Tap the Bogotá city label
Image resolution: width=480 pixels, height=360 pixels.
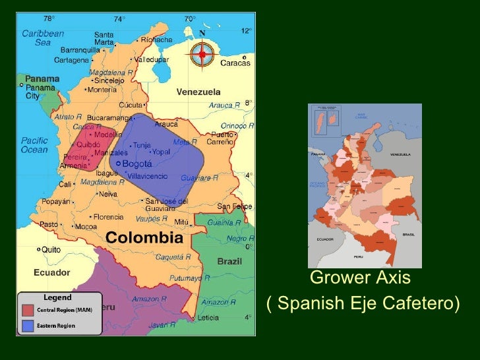[x=137, y=164]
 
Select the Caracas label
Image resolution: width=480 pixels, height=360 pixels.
[x=235, y=63]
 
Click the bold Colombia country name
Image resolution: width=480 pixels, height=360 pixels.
[x=144, y=237]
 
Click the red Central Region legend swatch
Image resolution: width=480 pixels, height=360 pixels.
[x=28, y=310]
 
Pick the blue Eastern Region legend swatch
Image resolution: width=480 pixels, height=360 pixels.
[x=28, y=325]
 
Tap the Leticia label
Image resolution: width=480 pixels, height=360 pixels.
[x=208, y=317]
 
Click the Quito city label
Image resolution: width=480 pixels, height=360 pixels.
[x=50, y=250]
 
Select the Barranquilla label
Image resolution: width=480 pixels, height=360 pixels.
[x=80, y=49]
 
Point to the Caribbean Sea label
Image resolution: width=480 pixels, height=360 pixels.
[x=42, y=38]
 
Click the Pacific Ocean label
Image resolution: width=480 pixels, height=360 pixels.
[x=34, y=145]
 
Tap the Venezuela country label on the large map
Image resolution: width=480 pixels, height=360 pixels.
[x=198, y=92]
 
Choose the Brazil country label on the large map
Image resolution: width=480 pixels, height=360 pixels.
[x=229, y=262]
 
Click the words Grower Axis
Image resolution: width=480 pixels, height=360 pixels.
[x=360, y=278]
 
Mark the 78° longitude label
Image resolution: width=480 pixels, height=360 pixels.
[x=49, y=18]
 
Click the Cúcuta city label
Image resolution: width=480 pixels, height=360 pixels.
[x=130, y=105]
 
